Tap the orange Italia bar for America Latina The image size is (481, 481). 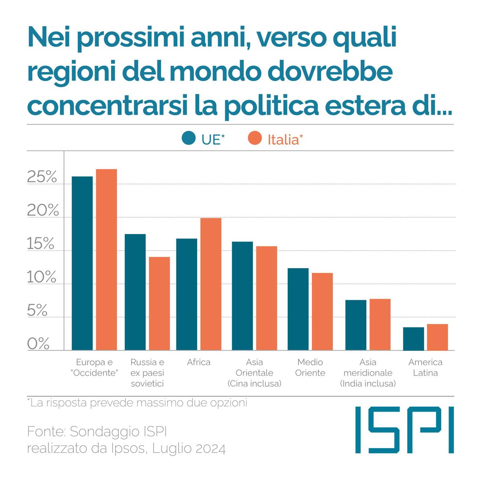(x=437, y=337)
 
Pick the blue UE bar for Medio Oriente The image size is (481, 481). (x=298, y=309)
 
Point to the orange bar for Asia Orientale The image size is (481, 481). (x=267, y=298)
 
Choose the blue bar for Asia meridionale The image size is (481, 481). (x=356, y=325)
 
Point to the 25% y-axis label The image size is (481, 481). (x=42, y=177)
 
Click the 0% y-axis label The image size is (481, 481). (x=38, y=344)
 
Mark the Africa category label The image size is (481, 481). (x=198, y=362)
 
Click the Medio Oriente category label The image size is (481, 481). (x=310, y=368)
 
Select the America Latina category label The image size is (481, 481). (x=425, y=368)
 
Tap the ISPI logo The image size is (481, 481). (x=404, y=429)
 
